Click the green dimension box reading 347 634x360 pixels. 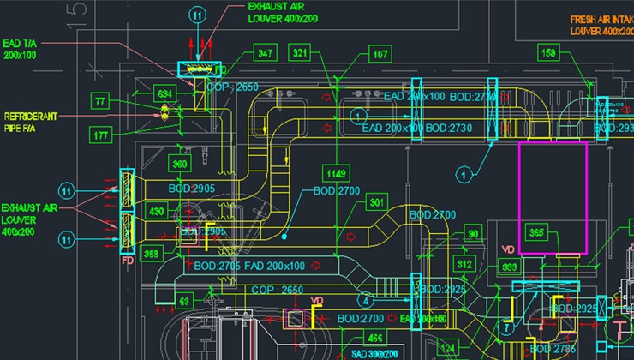pos(266,54)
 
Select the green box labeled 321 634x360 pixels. pos(300,54)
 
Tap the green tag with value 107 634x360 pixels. pos(380,54)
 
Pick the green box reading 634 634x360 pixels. pos(164,92)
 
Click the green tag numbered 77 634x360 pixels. pos(102,102)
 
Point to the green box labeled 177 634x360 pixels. pos(101,135)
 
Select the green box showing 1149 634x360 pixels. pos(336,174)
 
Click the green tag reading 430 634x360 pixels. pos(157,211)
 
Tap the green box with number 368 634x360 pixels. pos(152,253)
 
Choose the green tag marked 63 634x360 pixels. pos(184,301)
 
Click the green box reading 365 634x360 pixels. pos(537,232)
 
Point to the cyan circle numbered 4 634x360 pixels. pos(365,301)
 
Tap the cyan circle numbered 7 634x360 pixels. pos(506,327)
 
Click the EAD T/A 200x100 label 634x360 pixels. pos(21,48)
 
